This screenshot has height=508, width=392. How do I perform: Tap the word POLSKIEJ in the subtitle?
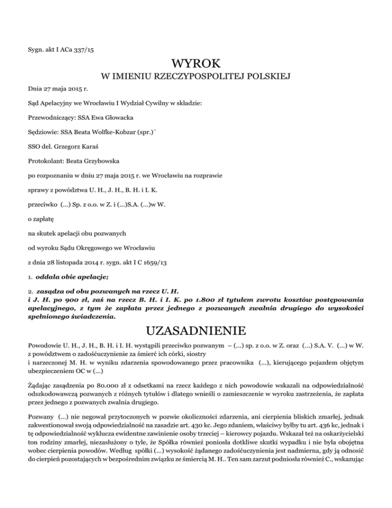(267, 78)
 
